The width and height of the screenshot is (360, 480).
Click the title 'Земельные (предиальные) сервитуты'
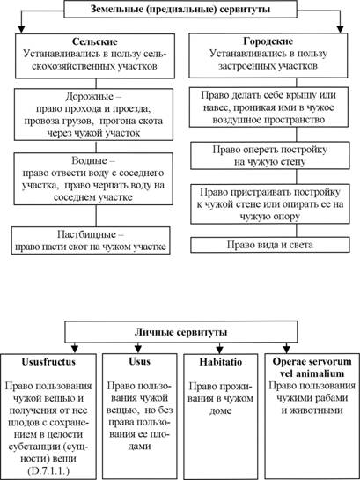[x=180, y=9]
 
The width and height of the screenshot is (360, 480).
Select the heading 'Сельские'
[x=95, y=41]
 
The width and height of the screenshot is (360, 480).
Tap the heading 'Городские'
[x=268, y=41]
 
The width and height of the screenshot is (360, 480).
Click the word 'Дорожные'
[x=89, y=97]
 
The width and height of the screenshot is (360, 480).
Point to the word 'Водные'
[x=89, y=160]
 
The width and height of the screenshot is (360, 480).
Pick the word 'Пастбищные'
[x=87, y=234]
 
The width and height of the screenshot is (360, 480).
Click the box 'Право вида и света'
[x=270, y=245]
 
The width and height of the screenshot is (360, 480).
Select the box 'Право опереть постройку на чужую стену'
[x=270, y=156]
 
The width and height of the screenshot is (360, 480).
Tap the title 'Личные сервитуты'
[x=180, y=332]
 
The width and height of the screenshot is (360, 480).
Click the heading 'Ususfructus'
[x=48, y=361]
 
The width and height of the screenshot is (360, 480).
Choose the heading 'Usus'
[x=139, y=361]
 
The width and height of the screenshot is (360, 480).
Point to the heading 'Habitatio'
[x=221, y=362]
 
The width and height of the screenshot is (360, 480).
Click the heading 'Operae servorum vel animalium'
[x=312, y=367]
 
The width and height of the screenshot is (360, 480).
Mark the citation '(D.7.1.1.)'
[x=48, y=470]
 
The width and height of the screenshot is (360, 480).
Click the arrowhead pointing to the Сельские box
[x=21, y=29]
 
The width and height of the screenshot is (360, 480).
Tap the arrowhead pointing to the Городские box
[x=341, y=29]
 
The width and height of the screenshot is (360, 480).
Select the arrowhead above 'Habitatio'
[x=219, y=350]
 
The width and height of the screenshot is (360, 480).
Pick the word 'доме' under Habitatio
[x=220, y=410]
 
